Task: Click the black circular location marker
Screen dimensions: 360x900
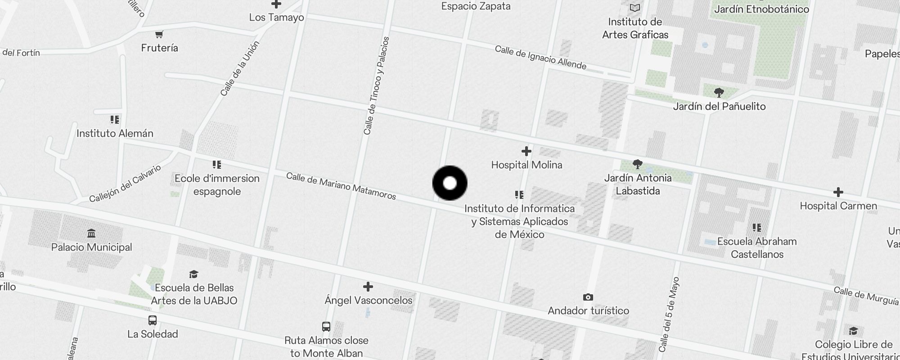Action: point(450,183)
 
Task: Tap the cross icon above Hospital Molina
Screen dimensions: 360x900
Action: point(526,151)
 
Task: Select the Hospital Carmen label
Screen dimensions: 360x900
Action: point(838,206)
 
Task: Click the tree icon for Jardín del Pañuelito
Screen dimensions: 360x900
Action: point(719,93)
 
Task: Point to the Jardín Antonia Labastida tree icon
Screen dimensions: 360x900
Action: point(637,164)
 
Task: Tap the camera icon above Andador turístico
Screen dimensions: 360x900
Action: point(588,297)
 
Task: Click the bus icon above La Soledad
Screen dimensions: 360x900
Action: point(153,320)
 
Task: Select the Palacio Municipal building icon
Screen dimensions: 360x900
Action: point(91,233)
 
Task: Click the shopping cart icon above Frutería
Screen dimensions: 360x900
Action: point(159,34)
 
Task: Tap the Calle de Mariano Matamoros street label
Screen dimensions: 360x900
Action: point(341,186)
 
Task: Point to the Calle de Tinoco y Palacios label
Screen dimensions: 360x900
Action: point(376,85)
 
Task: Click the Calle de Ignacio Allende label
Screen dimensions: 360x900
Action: point(540,58)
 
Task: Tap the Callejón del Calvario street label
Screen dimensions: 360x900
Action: point(125,184)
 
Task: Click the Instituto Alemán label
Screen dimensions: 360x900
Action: point(115,134)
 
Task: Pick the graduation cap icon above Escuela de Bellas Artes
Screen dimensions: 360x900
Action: point(193,274)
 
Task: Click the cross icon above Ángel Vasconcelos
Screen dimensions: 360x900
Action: point(368,287)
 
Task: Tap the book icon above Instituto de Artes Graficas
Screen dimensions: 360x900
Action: point(634,8)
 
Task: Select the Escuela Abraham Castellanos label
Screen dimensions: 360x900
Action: point(757,248)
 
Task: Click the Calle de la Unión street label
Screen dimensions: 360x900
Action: point(240,69)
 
